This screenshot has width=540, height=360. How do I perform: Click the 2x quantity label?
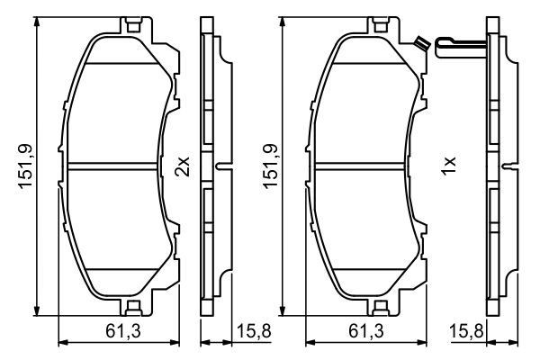coord(183,166)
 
